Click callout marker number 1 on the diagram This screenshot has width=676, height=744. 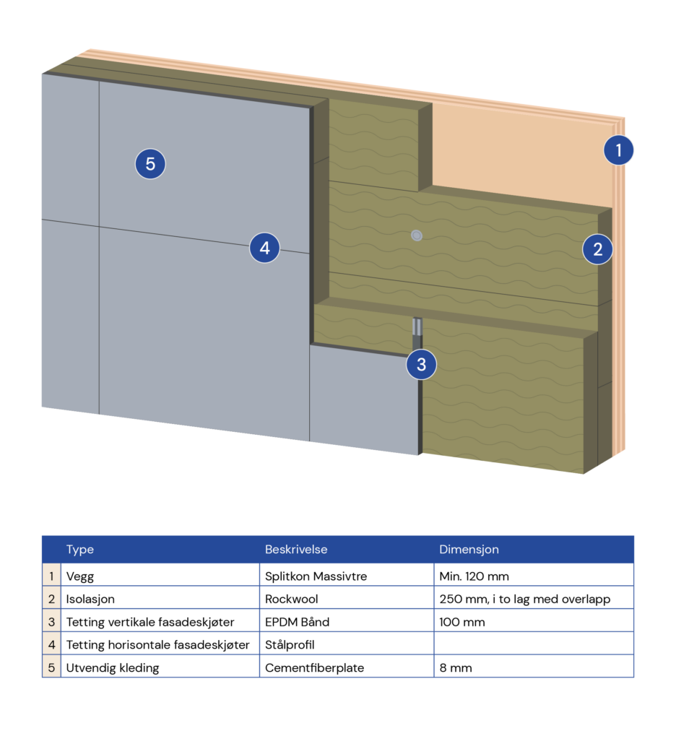pyautogui.click(x=618, y=150)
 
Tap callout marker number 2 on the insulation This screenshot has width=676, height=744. pyautogui.click(x=598, y=250)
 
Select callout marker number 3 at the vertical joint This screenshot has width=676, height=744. pyautogui.click(x=422, y=365)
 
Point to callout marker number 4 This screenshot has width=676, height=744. pyautogui.click(x=265, y=248)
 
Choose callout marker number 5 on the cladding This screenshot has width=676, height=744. pyautogui.click(x=150, y=164)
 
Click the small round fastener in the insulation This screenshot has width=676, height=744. pyautogui.click(x=416, y=235)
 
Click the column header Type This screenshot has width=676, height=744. pyautogui.click(x=80, y=550)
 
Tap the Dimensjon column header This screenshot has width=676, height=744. pyautogui.click(x=469, y=550)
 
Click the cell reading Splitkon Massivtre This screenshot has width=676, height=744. pyautogui.click(x=316, y=576)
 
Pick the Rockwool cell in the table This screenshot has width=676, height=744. pyautogui.click(x=291, y=599)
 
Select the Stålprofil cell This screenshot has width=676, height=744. pyautogui.click(x=290, y=644)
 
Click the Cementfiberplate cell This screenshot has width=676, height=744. pyautogui.click(x=314, y=667)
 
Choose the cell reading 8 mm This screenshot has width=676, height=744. pyautogui.click(x=456, y=667)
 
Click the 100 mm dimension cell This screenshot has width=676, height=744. pyautogui.click(x=462, y=622)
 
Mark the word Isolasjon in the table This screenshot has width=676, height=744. pyautogui.click(x=90, y=599)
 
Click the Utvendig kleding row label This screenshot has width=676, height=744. pyautogui.click(x=113, y=667)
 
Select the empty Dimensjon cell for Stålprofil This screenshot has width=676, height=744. pyautogui.click(x=533, y=644)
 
